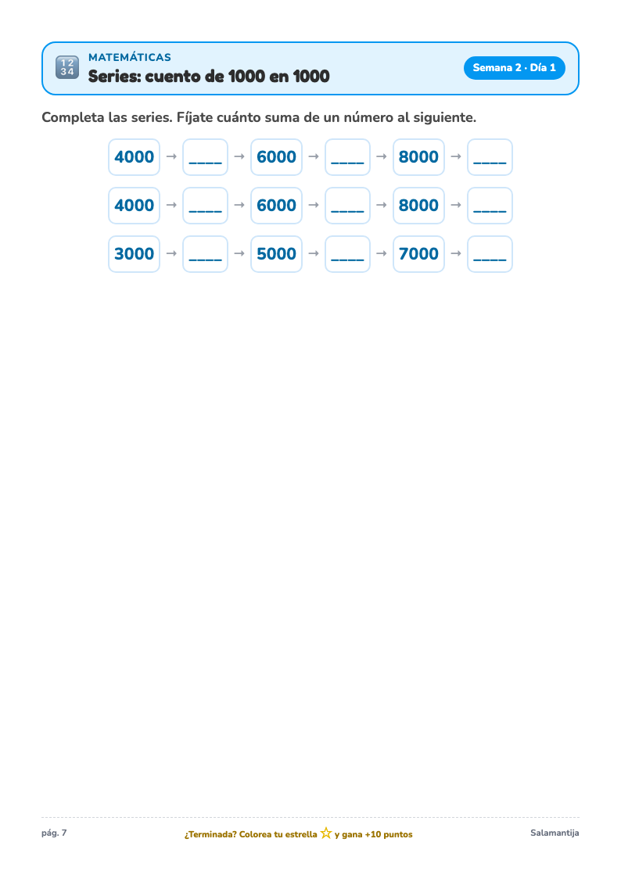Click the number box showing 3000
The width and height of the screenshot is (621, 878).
[x=134, y=254]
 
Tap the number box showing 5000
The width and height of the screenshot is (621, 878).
[x=276, y=254]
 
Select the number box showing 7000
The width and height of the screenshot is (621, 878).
[x=418, y=254]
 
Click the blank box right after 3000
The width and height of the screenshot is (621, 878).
[x=205, y=254]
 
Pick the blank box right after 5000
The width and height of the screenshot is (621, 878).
[x=347, y=254]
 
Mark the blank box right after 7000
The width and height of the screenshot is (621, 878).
[x=490, y=254]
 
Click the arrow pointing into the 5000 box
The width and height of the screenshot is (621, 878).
[x=239, y=253]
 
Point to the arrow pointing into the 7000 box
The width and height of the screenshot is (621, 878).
[x=382, y=253]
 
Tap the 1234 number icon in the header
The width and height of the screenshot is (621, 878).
[x=67, y=68]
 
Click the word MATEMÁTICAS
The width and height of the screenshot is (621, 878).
[x=130, y=57]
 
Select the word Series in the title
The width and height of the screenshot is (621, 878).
[x=114, y=76]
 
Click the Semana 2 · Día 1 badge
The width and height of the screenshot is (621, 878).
[x=514, y=68]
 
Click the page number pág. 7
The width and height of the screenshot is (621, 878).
[x=54, y=833]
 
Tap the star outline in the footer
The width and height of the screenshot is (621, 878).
[x=326, y=833]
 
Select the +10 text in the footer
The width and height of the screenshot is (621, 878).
[x=372, y=834]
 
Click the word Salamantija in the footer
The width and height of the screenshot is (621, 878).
[x=555, y=833]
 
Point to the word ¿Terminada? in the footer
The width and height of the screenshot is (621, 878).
[x=210, y=834]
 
